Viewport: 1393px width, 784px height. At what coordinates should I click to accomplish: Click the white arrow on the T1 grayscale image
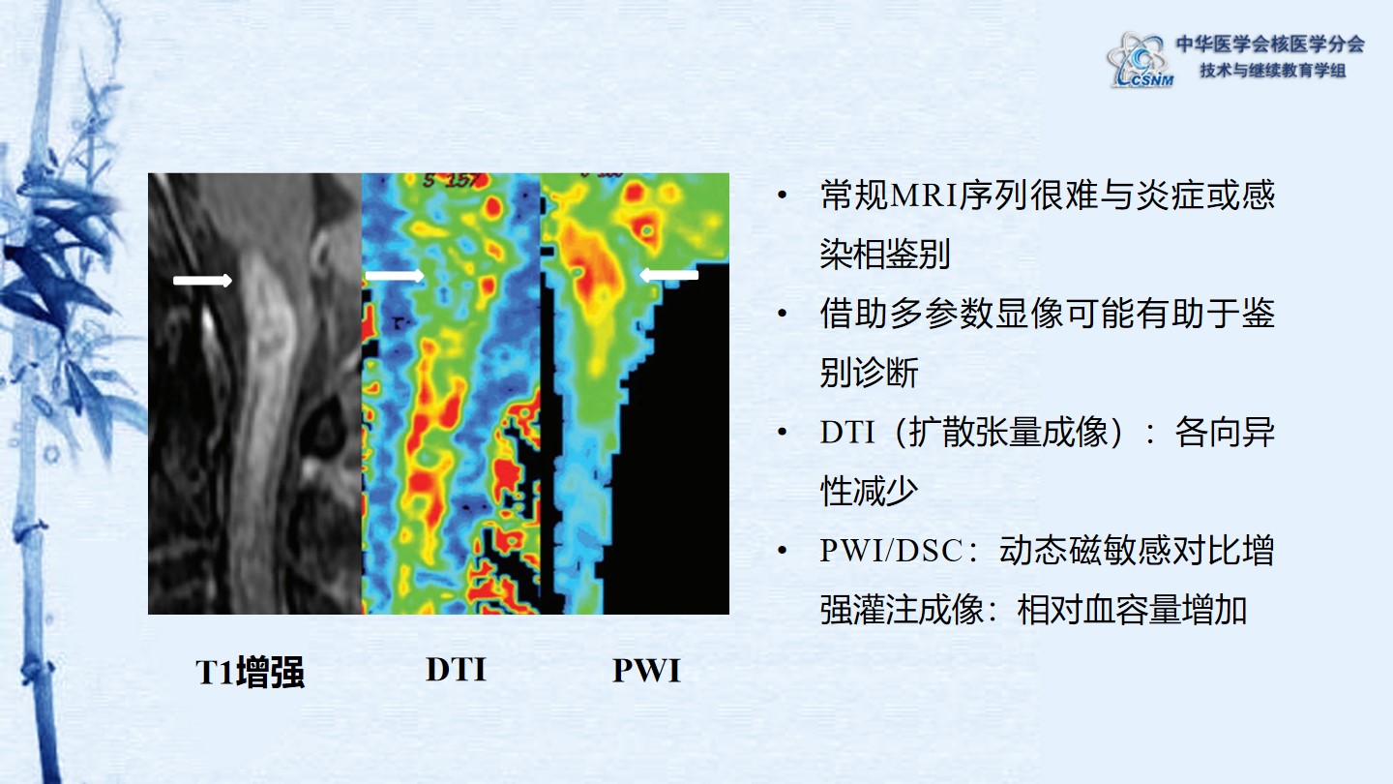pos(203,281)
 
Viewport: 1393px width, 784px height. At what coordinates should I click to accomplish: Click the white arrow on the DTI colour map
pos(395,276)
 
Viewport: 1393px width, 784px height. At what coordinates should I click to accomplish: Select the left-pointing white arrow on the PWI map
pos(669,275)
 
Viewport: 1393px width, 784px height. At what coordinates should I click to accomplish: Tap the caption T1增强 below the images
pos(250,672)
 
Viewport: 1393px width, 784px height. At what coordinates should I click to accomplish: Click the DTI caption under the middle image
pos(456,670)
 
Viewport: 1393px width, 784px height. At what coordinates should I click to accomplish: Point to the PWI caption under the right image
pos(647,671)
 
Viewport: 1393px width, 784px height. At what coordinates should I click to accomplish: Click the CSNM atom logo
pos(1140,60)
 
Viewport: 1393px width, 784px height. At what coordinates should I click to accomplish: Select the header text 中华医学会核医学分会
pos(1270,44)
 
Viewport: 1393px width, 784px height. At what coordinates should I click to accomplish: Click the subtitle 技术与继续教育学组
pos(1273,71)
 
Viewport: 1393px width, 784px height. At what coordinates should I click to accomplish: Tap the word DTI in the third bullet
pos(847,432)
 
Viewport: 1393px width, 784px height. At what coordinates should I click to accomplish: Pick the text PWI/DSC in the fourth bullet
pos(891,550)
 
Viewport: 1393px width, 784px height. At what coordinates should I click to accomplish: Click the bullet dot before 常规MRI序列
pos(783,196)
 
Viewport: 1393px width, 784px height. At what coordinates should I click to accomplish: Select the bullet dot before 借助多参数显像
pos(783,313)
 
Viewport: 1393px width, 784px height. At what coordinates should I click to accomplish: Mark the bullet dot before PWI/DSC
pos(783,550)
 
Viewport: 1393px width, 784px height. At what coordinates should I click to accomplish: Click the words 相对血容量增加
pos(1132,610)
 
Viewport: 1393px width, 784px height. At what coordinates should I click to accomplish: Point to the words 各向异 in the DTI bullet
pos(1225,432)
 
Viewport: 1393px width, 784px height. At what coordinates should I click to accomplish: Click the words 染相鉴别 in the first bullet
pos(885,254)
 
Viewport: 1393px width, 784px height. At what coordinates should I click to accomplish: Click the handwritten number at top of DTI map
pos(452,180)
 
